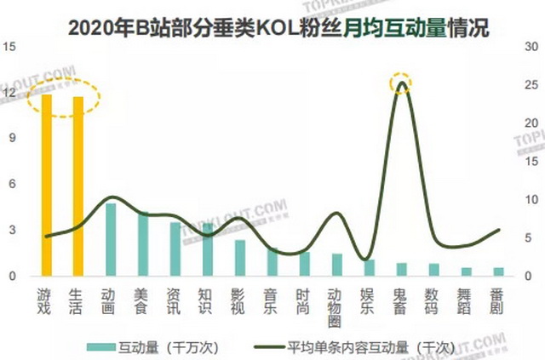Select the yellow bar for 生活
pyautogui.click(x=78, y=186)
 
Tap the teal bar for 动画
pyautogui.click(x=111, y=239)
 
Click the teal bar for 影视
pyautogui.click(x=240, y=258)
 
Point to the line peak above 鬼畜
pyautogui.click(x=401, y=84)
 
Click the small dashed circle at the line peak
pyautogui.click(x=401, y=83)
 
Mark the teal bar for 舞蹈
pyautogui.click(x=465, y=271)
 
